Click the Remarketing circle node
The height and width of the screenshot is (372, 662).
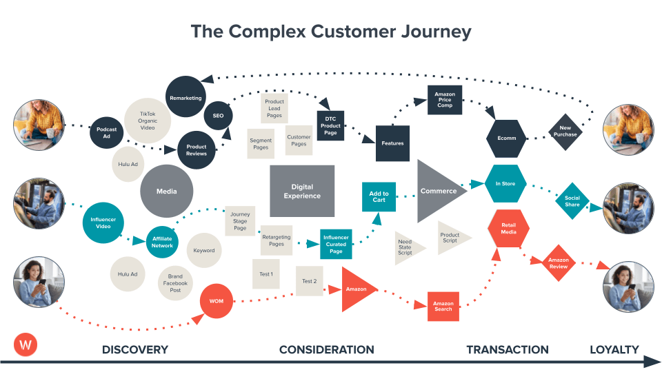pos(185,98)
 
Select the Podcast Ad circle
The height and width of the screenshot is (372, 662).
pos(106,133)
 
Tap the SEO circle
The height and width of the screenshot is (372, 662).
pos(218,115)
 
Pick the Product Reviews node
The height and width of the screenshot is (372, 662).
pos(197,150)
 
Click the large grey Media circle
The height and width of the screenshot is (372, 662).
pos(166,191)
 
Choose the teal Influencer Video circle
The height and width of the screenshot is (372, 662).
pos(104,222)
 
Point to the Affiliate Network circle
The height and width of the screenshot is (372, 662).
pos(162,242)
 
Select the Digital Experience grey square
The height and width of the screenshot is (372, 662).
pos(302,191)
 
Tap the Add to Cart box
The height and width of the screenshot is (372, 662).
pos(379,197)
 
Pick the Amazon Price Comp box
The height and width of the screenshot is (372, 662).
pos(445,101)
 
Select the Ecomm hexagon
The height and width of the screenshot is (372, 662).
pos(506,138)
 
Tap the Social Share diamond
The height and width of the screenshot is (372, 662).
pos(572,200)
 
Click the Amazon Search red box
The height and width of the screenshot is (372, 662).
pos(443,307)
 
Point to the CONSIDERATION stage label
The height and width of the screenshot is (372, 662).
pos(326,350)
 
